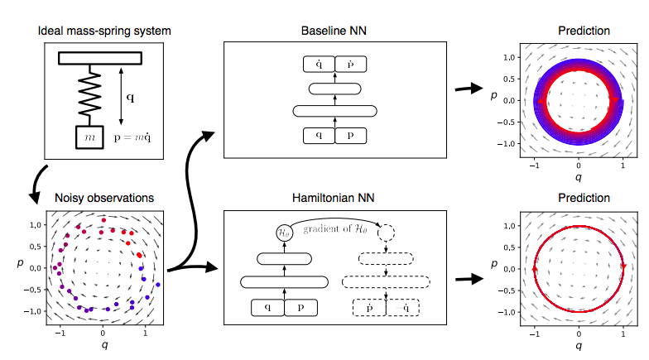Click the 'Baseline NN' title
[334, 31]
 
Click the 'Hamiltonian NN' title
[334, 199]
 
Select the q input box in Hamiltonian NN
[267, 308]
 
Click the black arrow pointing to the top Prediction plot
[474, 87]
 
